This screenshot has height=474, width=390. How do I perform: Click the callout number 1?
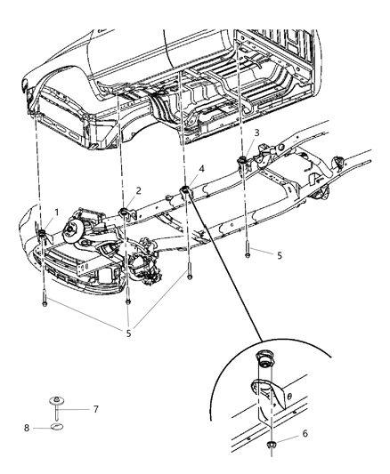57,213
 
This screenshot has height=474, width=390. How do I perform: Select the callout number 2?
139,190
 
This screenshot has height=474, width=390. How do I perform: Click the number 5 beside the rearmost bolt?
280,254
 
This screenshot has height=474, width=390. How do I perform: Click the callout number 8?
28,428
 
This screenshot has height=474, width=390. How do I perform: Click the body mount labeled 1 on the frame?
42,234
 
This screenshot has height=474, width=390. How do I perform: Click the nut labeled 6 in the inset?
267,442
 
